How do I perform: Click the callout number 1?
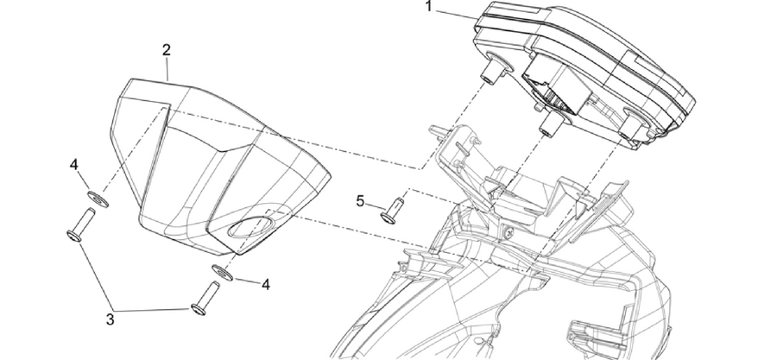[x=429, y=6]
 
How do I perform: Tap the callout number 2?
[x=167, y=49]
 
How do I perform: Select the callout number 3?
[x=110, y=319]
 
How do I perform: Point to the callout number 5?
[x=360, y=201]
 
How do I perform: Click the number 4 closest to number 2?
[x=74, y=164]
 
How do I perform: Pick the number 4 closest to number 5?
[x=266, y=284]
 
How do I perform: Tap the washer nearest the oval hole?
[x=223, y=272]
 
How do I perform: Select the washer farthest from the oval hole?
[x=98, y=199]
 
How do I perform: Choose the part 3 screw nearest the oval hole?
[x=205, y=298]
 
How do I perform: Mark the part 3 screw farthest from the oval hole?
[x=80, y=224]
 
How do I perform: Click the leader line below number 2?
[x=167, y=69]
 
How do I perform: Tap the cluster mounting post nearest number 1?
[x=492, y=69]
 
